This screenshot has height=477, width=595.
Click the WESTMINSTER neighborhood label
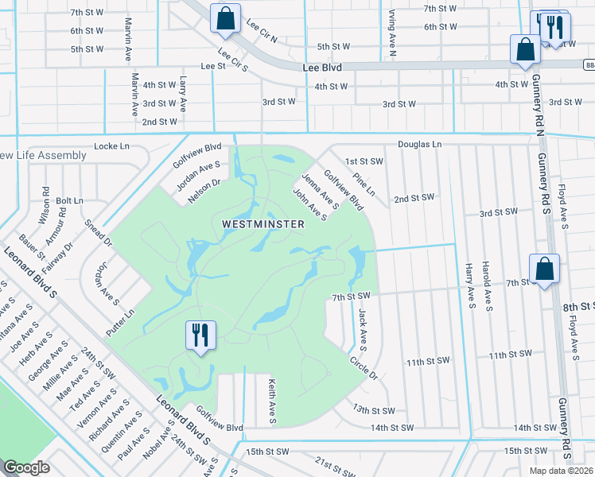(x=264, y=225)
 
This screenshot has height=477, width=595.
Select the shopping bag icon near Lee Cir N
(x=225, y=18)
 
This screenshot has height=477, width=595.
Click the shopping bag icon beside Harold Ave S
(x=546, y=269)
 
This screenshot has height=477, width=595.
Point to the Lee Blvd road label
(x=322, y=68)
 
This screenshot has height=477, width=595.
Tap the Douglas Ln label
(x=418, y=145)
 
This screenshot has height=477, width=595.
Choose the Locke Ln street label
(x=111, y=146)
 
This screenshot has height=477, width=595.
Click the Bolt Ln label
(x=70, y=201)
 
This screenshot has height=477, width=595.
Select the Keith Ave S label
(x=271, y=401)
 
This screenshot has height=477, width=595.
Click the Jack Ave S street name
(x=362, y=330)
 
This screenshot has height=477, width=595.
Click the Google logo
(x=26, y=467)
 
